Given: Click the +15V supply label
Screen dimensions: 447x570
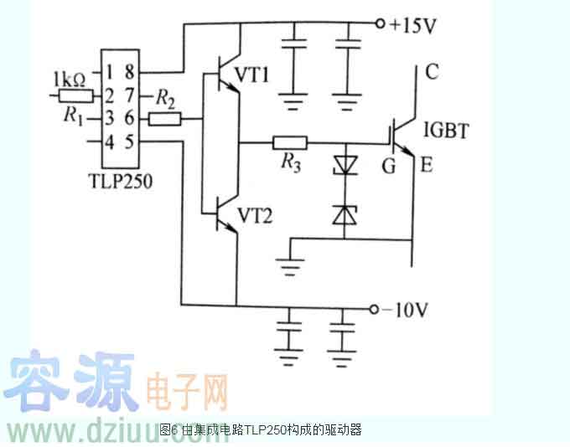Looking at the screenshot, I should point(412,25).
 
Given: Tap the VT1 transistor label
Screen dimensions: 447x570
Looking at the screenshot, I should point(254,76).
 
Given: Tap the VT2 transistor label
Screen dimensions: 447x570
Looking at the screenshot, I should point(254,214).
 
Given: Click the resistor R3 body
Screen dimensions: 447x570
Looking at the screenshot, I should point(289,143).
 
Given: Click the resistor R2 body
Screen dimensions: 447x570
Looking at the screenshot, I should point(164,120).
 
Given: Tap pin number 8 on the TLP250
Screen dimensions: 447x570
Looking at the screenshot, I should point(129,74).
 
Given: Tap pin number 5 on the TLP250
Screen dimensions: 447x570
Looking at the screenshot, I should point(129,141).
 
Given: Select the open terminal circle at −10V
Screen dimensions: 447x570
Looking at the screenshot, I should point(375,311).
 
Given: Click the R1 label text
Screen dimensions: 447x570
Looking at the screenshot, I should point(74,117).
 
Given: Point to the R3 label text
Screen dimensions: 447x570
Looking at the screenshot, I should point(290,163).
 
